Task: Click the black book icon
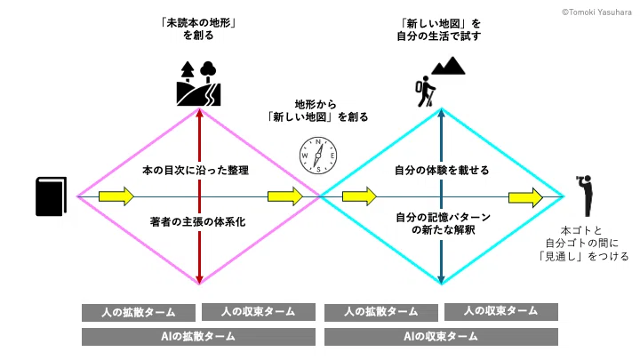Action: point(51,196)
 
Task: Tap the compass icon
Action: point(318,156)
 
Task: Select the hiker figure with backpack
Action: point(425,92)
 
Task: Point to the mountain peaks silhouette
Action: point(448,66)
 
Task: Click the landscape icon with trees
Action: point(199,84)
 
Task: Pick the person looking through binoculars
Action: point(586,196)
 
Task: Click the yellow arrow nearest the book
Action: point(116,196)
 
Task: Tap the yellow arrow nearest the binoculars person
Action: point(525,197)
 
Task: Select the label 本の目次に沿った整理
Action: point(196,170)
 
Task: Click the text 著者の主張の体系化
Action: point(198,221)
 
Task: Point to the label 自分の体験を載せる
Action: point(442,170)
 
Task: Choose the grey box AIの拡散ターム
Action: point(198,337)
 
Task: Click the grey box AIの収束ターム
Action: point(441,337)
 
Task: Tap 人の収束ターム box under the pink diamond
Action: point(259,312)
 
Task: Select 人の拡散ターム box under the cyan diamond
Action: point(381,312)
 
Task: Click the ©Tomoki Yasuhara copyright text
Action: point(596,12)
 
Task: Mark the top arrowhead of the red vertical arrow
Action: point(199,112)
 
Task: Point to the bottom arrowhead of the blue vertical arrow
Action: point(441,280)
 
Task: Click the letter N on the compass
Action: point(318,142)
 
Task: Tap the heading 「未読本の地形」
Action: point(199,23)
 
